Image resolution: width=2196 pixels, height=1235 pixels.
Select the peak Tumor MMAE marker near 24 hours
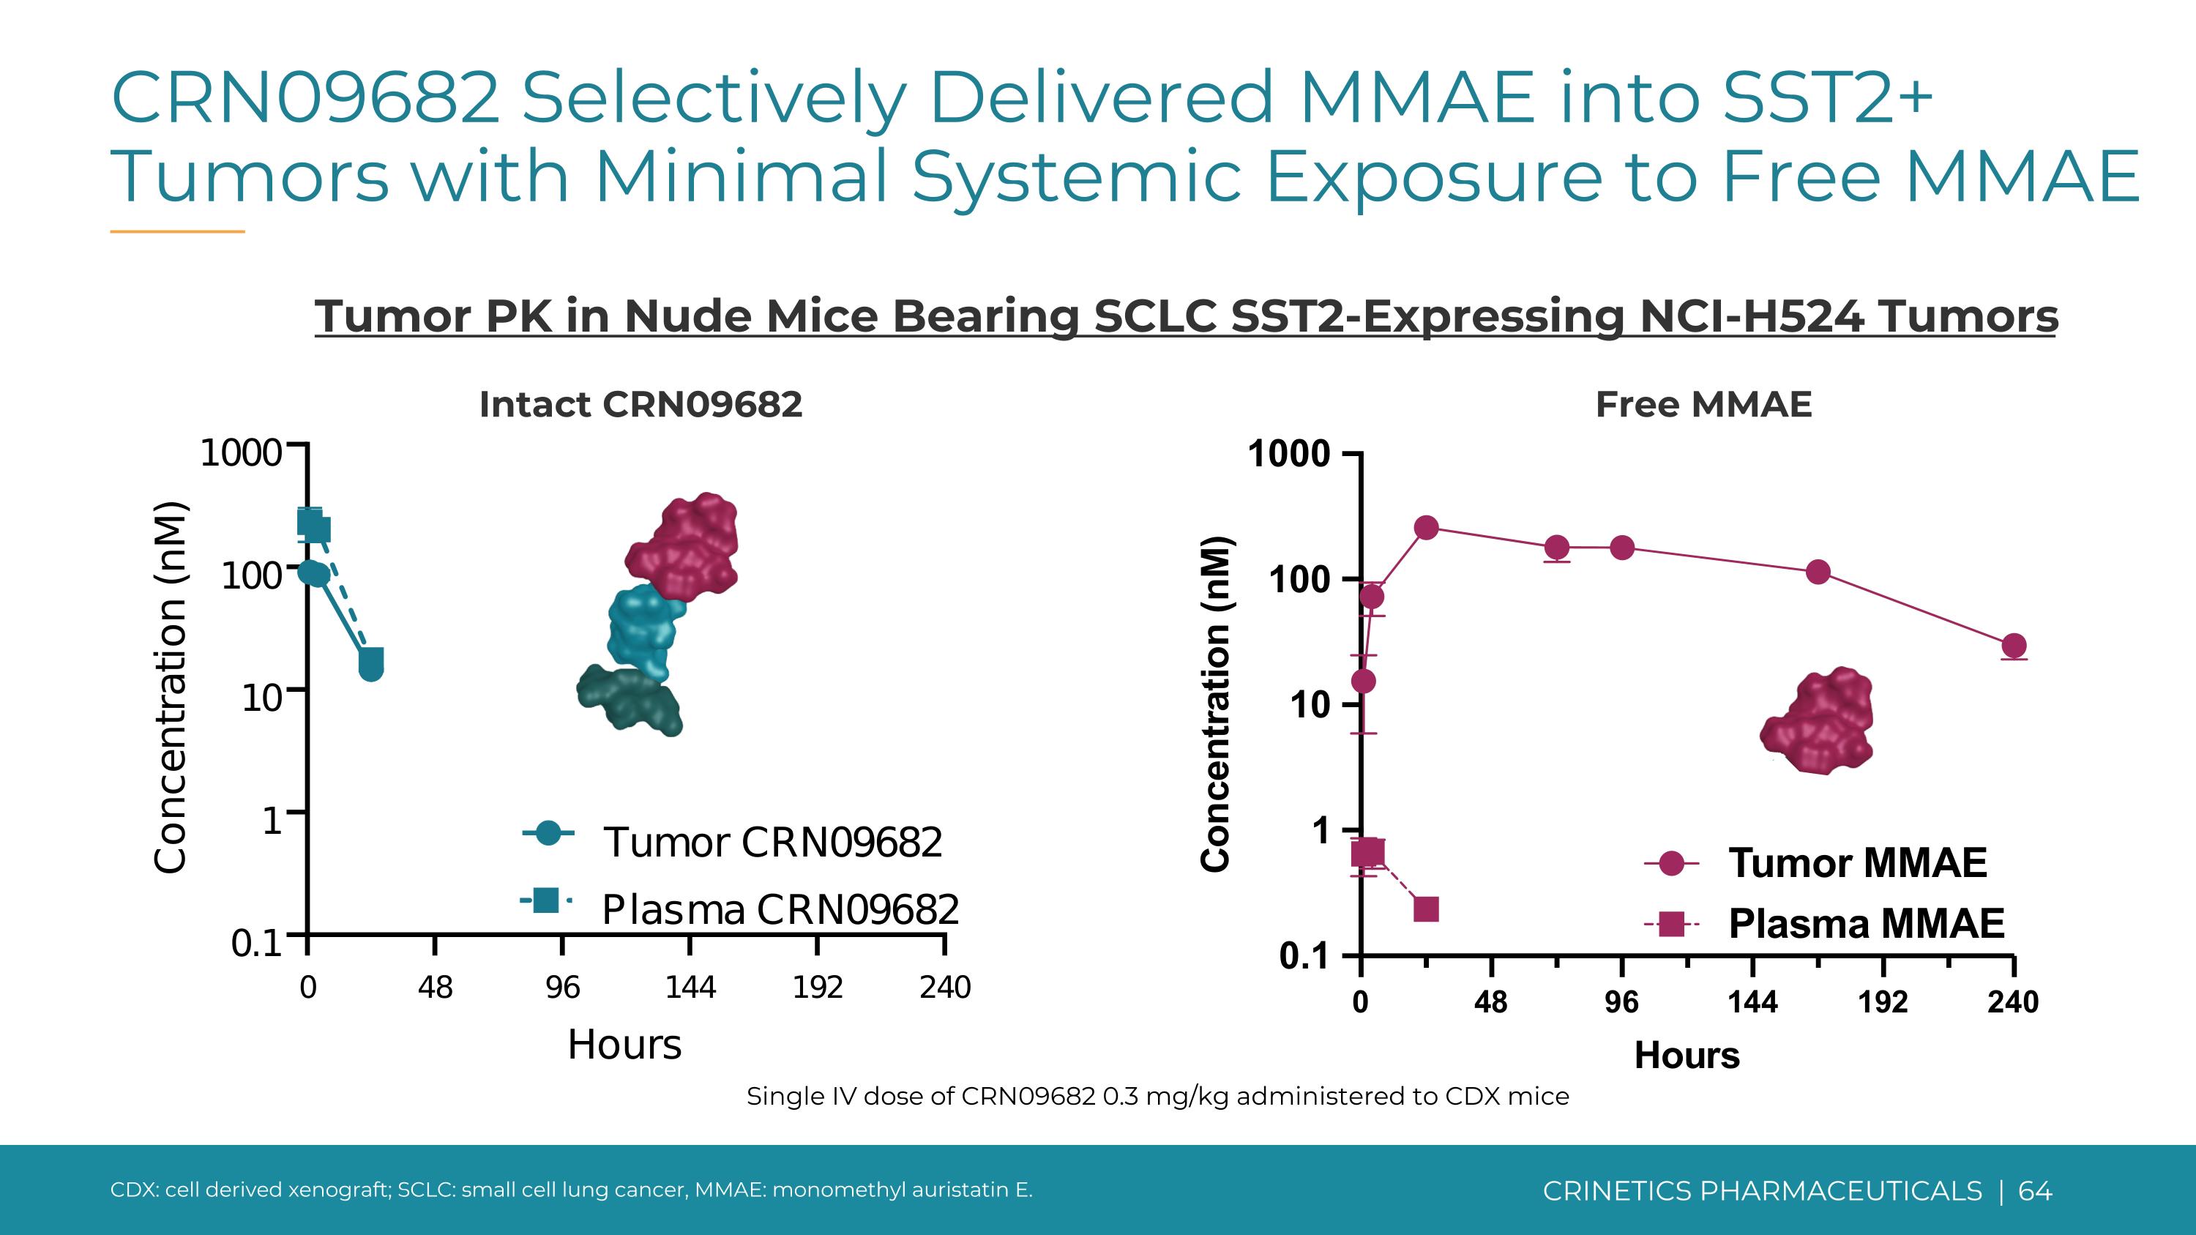click(1426, 528)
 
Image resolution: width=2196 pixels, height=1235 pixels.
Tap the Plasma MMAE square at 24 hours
click(1426, 908)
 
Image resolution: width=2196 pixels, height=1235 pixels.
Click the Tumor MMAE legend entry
click(1856, 862)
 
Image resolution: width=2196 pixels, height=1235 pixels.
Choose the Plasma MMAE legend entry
click(1865, 923)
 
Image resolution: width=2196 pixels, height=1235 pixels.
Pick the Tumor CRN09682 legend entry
click(772, 842)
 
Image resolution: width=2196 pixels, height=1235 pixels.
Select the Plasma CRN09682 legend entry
click(779, 908)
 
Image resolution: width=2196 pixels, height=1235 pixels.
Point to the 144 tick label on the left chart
click(690, 987)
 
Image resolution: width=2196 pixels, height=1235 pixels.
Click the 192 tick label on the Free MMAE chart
click(1882, 1001)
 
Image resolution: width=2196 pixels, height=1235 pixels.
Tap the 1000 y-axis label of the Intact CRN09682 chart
click(240, 452)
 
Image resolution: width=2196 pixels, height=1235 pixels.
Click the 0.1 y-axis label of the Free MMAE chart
click(1304, 956)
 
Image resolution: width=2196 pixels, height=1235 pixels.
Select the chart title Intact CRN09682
click(641, 404)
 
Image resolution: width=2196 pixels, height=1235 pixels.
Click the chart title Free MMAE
click(1703, 404)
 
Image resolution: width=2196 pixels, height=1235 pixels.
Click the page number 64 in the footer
click(2035, 1190)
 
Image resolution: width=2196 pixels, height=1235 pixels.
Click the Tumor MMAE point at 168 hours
click(1818, 572)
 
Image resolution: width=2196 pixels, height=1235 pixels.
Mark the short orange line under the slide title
click(177, 231)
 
